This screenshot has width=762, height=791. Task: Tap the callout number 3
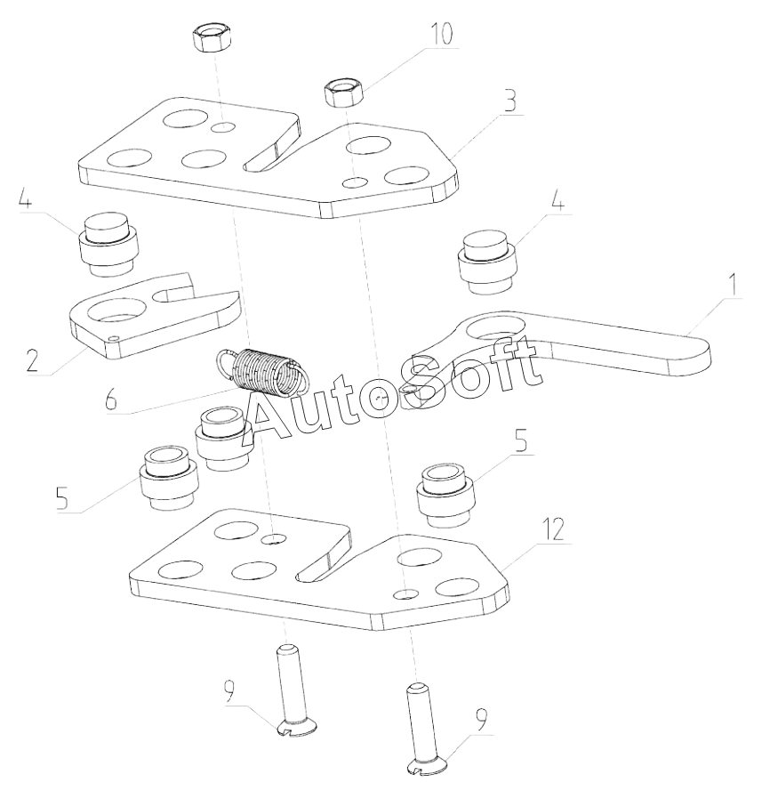coord(510,101)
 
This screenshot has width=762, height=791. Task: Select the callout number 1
coord(734,285)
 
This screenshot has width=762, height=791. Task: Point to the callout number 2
coord(33,360)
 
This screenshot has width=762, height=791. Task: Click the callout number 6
coord(111,400)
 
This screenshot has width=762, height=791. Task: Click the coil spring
coord(261,372)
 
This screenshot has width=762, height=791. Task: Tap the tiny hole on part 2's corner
coord(114,338)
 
